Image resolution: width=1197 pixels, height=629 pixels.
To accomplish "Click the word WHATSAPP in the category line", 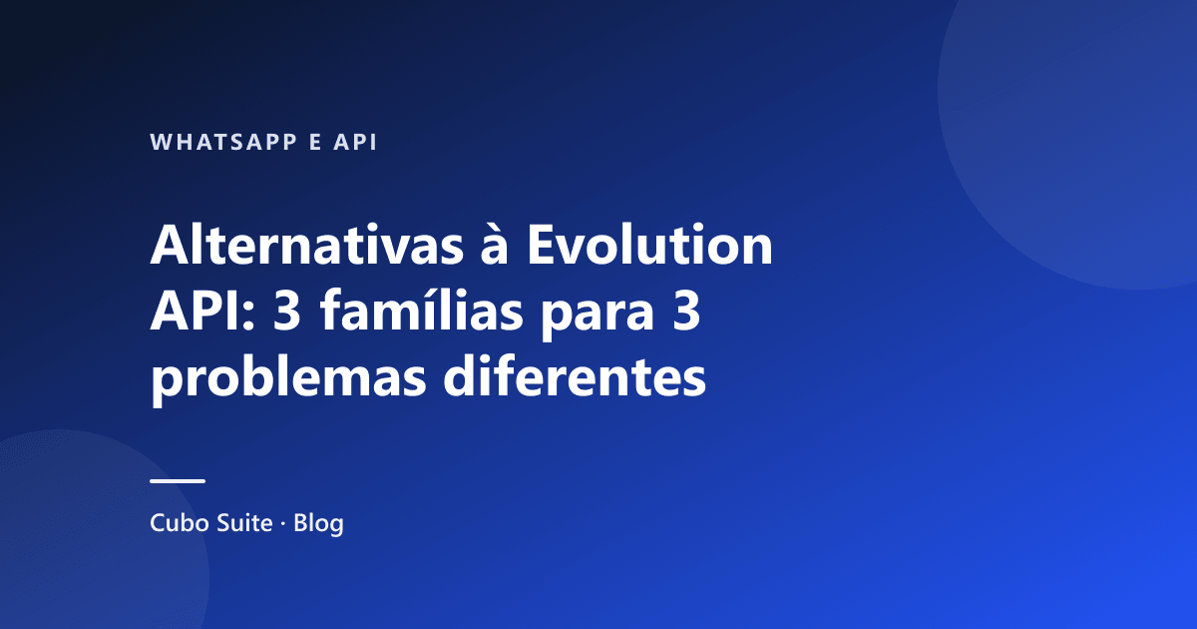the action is [x=223, y=142].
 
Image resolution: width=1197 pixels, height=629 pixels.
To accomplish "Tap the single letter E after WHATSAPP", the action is [x=316, y=142].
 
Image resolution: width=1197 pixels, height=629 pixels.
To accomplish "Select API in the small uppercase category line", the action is [x=355, y=142].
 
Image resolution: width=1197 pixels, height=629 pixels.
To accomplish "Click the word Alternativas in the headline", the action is [x=307, y=245].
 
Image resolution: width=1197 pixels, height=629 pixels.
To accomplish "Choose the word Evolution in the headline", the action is [x=649, y=245].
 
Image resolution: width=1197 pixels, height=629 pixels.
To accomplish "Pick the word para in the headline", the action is [x=598, y=317].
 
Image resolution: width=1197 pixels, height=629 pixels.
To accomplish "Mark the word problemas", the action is [x=288, y=378].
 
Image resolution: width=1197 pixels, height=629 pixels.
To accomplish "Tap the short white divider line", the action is [x=178, y=481].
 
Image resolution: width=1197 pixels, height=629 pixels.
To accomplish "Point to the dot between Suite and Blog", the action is [x=283, y=523].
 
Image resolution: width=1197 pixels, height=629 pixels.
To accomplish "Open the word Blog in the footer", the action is [x=318, y=523].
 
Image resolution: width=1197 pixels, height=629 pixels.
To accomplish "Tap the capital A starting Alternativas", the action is [x=171, y=245].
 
